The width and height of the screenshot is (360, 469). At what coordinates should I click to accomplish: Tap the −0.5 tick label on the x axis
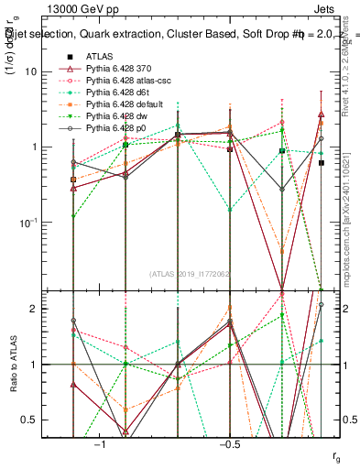[x=229, y=444]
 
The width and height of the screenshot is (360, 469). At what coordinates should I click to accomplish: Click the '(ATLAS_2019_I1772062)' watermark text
[x=191, y=273]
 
